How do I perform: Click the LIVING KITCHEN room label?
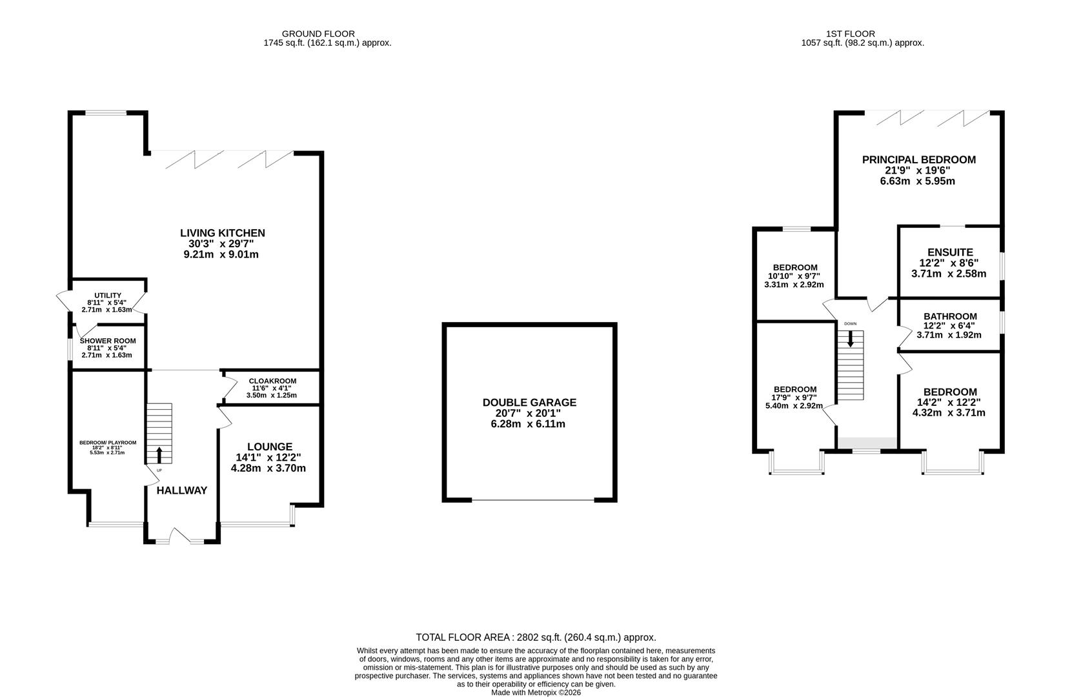pos(222,233)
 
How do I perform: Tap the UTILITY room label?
pos(108,296)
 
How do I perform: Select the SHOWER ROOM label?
pos(108,341)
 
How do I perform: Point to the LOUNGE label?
pos(270,447)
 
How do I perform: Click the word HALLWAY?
pos(182,490)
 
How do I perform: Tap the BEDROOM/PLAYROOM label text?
pos(108,443)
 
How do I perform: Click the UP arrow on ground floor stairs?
pos(159,454)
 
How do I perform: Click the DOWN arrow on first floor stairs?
pos(851,338)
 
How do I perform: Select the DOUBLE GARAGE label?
pos(529,403)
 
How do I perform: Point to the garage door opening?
pos(533,500)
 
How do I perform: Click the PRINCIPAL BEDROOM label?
pos(918,159)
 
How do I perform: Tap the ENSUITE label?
pos(949,252)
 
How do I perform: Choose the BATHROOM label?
pos(949,316)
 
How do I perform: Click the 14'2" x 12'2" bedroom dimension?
pos(949,402)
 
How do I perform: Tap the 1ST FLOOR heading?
pos(859,34)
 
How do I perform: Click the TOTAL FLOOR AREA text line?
pos(536,637)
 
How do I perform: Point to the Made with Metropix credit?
pos(536,692)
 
